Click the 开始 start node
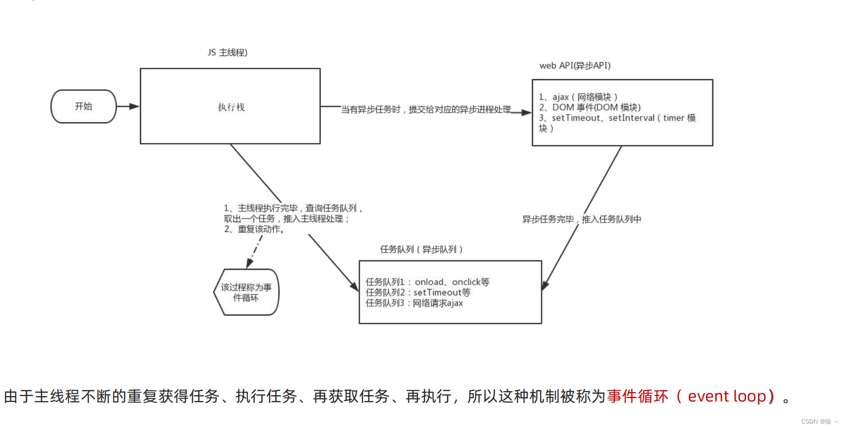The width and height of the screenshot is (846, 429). (84, 106)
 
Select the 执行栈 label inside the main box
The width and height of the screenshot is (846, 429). (231, 107)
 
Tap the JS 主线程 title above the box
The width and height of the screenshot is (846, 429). (227, 53)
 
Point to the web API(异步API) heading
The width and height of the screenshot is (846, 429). (575, 65)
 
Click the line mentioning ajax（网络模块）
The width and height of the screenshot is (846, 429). (578, 97)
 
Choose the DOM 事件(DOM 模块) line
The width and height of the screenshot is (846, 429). (590, 107)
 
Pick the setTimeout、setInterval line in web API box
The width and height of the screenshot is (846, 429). (617, 118)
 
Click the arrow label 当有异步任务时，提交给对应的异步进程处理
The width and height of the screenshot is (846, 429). (426, 110)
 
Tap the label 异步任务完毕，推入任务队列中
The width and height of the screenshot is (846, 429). (582, 219)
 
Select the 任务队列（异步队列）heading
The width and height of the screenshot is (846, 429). (421, 250)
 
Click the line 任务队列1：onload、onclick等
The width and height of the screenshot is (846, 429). (427, 282)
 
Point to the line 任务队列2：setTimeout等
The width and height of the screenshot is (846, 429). (418, 292)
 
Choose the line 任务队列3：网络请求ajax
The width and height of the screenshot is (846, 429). (414, 303)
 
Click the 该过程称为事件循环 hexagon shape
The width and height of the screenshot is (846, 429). (246, 292)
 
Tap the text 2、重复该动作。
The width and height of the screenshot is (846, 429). (254, 229)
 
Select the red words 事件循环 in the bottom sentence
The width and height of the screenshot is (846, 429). (637, 396)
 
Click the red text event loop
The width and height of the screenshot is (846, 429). (727, 396)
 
